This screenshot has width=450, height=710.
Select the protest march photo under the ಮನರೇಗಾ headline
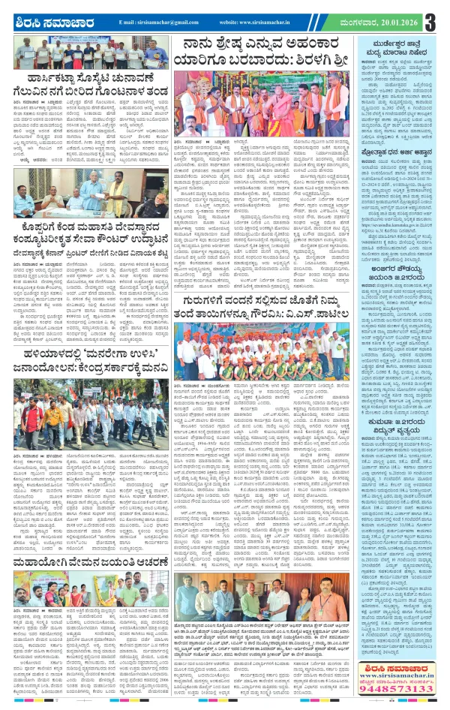click(x=88, y=426)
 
